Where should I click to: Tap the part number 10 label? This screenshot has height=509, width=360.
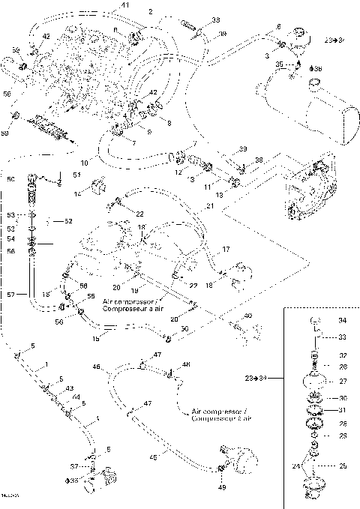(85, 162)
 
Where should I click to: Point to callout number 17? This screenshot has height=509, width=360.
(226, 248)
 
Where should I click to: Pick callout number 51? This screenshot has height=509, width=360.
(76, 175)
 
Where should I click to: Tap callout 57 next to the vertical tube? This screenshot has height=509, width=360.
(10, 295)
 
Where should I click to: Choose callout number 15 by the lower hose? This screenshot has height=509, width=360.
(96, 339)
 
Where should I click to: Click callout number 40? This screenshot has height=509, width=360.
(248, 316)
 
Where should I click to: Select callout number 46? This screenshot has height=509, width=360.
(96, 367)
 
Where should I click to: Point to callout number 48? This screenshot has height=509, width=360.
(187, 365)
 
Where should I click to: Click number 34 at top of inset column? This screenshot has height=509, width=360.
(343, 320)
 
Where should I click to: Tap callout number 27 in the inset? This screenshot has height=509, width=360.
(343, 380)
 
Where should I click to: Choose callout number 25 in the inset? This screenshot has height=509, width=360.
(343, 466)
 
